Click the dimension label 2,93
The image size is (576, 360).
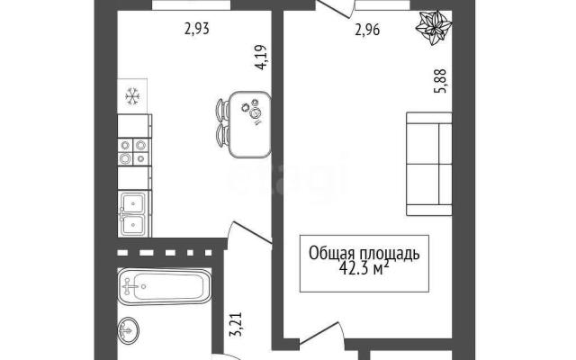(x=197, y=29)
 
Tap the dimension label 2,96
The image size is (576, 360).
(x=367, y=30)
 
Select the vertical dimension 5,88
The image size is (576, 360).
(x=440, y=81)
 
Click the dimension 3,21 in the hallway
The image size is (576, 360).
(x=236, y=324)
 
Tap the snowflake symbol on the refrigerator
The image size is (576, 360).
(x=132, y=96)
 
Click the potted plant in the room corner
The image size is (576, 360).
(x=434, y=27)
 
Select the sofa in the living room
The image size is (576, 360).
(x=429, y=164)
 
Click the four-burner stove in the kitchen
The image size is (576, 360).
(x=134, y=152)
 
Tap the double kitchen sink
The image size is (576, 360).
(x=134, y=213)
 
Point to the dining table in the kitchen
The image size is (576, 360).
(x=250, y=124)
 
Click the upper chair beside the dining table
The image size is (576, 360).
(x=222, y=110)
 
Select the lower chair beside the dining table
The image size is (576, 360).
(x=222, y=136)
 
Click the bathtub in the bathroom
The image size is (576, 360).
(x=164, y=287)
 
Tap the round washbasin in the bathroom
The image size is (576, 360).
(x=129, y=330)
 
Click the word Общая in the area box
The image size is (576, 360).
(x=331, y=254)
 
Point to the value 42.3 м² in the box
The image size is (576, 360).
(x=364, y=269)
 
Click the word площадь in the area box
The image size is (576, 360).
(x=390, y=254)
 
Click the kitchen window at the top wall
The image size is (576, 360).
(x=192, y=4)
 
